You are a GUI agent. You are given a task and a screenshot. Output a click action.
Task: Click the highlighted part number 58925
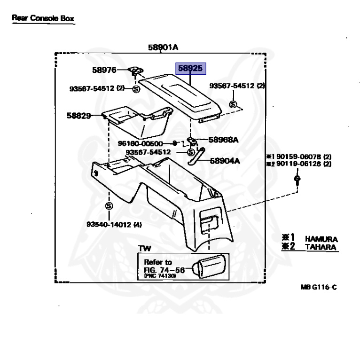pos(191,69)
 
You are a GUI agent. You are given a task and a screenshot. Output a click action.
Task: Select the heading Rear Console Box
pos(43,18)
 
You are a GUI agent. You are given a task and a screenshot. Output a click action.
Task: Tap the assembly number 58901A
pos(163,47)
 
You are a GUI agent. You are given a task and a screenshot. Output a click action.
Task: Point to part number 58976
pos(104,70)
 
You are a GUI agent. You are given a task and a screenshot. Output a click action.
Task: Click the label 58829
pos(78,115)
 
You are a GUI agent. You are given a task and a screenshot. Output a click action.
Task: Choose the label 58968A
pos(223,140)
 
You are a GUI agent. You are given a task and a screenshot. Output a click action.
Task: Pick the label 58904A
pos(224,161)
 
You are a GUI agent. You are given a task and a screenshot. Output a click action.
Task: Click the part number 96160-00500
pos(140,143)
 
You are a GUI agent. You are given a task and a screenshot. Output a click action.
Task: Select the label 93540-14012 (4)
pos(114,225)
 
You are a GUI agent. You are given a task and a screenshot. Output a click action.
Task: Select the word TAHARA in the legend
pos(321,247)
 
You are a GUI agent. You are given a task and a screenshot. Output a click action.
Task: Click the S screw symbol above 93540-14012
pos(109,205)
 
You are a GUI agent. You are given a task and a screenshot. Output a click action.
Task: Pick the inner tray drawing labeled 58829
pos(136,120)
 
